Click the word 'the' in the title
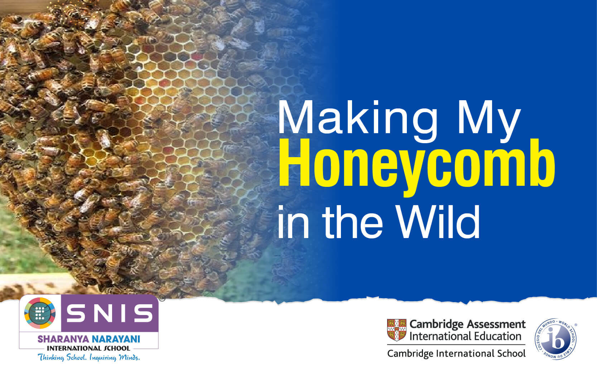tap(353, 222)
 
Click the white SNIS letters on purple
tap(110, 313)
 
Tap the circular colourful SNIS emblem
tap(40, 313)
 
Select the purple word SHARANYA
tap(64, 339)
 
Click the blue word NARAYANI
tap(116, 339)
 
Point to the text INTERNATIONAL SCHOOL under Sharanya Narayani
tap(88, 348)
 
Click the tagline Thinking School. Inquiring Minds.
tap(89, 357)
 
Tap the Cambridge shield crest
tap(397, 330)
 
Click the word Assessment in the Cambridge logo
tap(496, 324)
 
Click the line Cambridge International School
tap(456, 354)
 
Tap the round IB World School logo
tap(556, 339)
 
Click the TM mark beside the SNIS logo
tap(162, 298)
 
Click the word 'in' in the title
tap(293, 222)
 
